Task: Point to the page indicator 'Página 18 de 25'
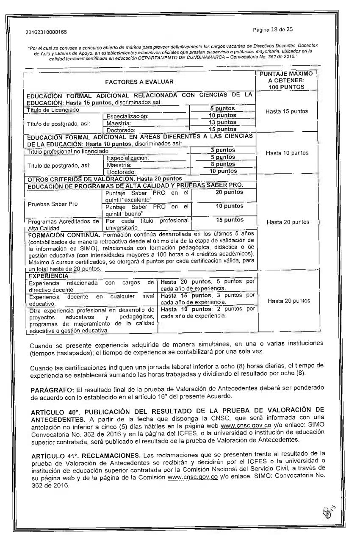point(272,30)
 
